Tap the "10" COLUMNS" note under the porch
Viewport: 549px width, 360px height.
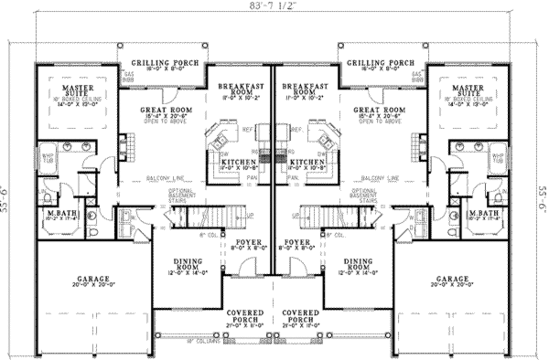(204, 341)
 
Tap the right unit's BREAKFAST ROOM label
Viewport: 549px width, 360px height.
(305, 89)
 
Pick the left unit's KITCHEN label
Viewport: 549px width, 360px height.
(238, 162)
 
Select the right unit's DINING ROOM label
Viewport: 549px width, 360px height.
(358, 264)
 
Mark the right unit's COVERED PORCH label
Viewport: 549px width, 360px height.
(301, 316)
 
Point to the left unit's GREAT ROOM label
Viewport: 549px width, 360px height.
(166, 110)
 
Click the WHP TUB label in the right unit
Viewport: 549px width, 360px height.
(498, 157)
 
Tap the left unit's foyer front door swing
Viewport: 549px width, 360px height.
(248, 266)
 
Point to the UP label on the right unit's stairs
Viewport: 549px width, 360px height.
(295, 216)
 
